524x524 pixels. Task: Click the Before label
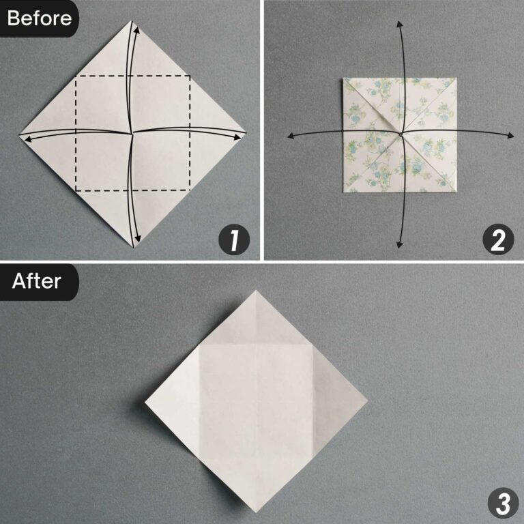(39, 18)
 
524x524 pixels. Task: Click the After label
(36, 280)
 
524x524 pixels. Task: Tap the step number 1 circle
(233, 241)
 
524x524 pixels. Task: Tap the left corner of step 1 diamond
(19, 134)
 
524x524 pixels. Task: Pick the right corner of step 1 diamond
(247, 133)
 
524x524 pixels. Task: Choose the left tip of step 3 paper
(145, 403)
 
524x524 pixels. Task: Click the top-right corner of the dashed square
(190, 76)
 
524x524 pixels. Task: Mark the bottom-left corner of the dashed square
(76, 190)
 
